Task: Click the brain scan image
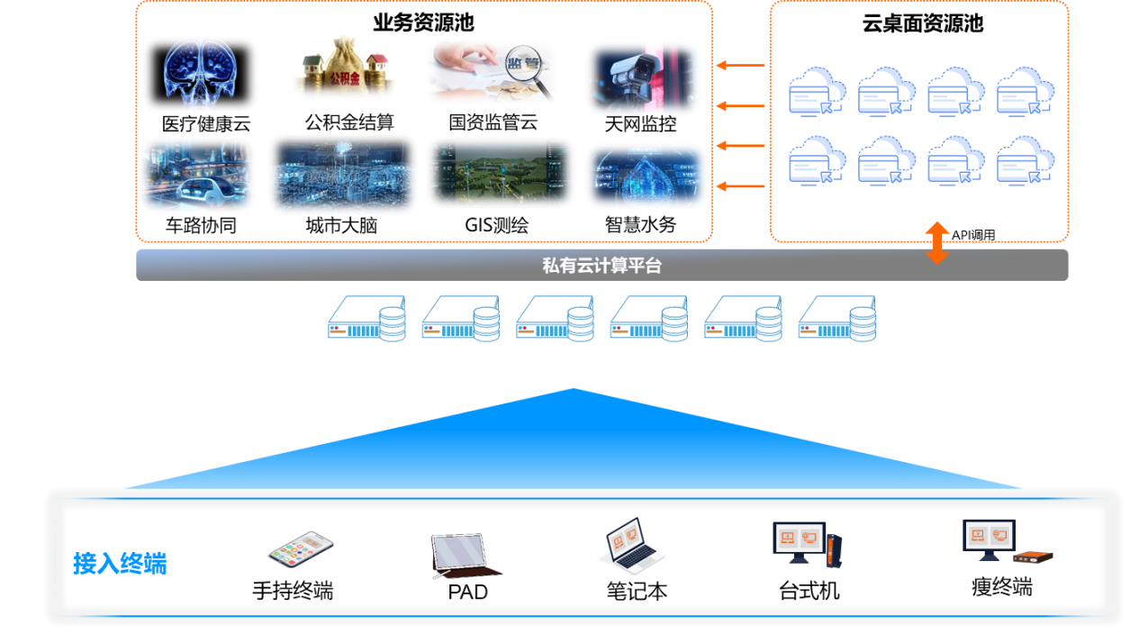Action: pos(200,73)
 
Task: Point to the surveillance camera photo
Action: pos(644,78)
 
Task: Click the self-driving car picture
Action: pos(197,176)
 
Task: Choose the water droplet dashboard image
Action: pos(646,176)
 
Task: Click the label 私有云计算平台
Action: pos(601,266)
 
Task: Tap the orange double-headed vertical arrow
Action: pos(937,242)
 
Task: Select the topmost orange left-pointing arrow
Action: pos(740,65)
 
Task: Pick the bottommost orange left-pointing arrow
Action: pos(740,186)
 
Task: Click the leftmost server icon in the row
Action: pos(366,319)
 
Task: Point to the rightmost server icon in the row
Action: pos(836,319)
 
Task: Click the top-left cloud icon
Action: pos(817,90)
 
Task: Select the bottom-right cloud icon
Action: pos(1025,159)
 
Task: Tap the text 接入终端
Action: pos(120,564)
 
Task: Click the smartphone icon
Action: pos(301,548)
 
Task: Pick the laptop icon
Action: pos(630,546)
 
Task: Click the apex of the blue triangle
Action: pos(574,389)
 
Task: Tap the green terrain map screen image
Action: pos(500,173)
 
